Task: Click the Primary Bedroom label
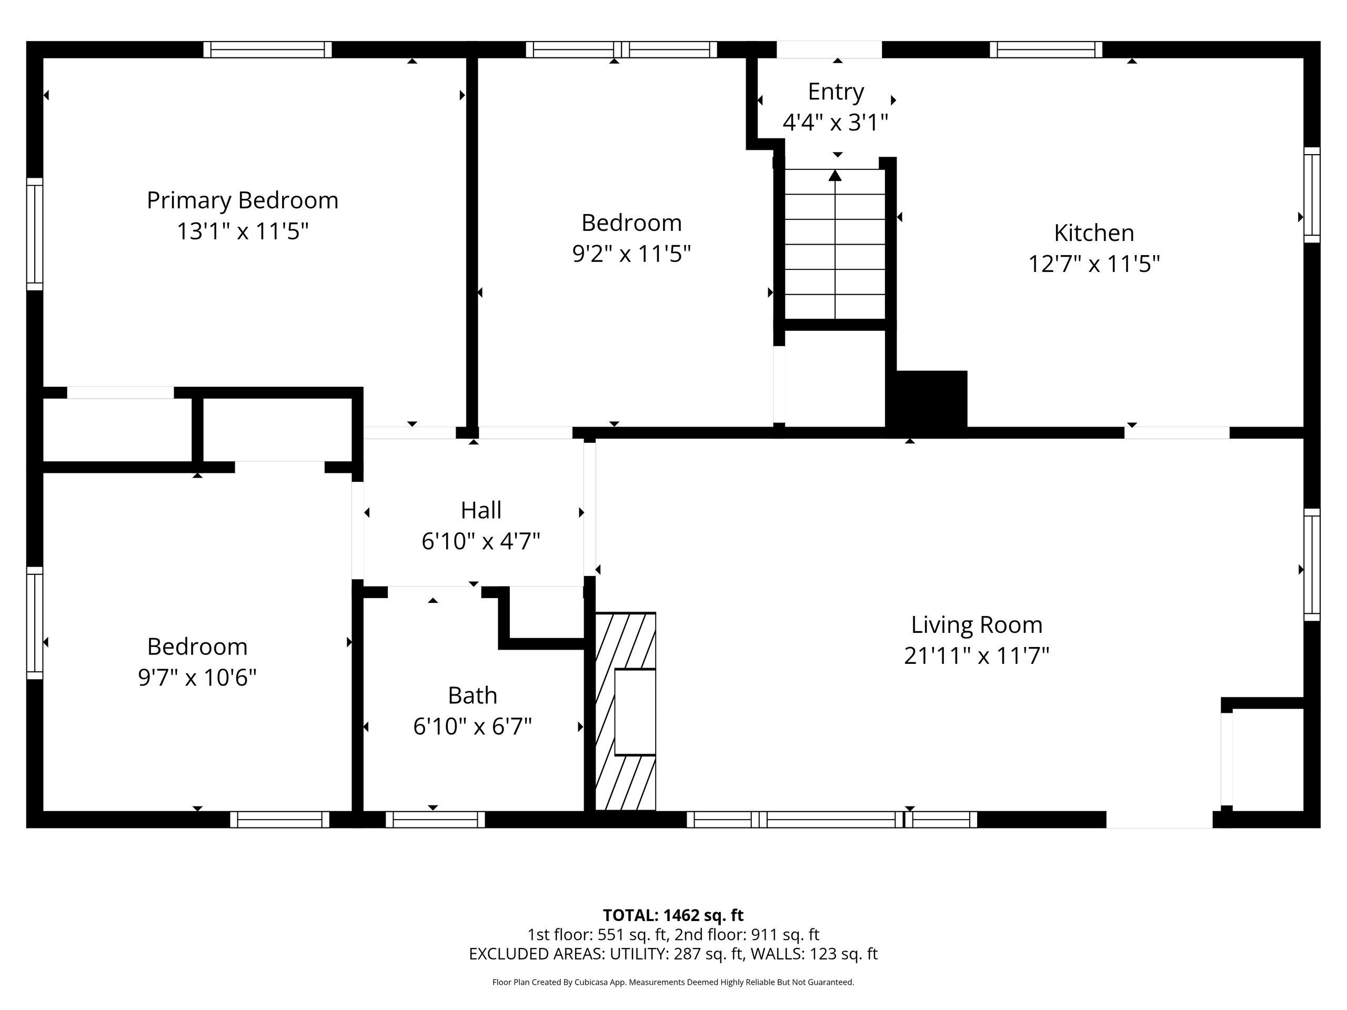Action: [x=243, y=200]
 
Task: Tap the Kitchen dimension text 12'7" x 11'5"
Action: [x=1094, y=264]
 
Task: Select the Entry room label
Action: [x=836, y=92]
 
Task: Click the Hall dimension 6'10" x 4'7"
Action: [x=481, y=541]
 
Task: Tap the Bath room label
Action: [x=473, y=695]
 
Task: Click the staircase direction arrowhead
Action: [x=835, y=175]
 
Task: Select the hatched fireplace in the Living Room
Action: [x=626, y=711]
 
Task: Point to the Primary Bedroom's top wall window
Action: [x=267, y=49]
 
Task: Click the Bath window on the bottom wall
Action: [x=435, y=820]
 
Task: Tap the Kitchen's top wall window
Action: [x=1046, y=49]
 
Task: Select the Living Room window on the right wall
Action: [x=1312, y=565]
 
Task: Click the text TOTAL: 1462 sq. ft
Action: [x=673, y=915]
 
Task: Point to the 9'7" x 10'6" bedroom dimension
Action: [x=197, y=678]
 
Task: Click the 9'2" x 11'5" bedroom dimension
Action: [x=631, y=254]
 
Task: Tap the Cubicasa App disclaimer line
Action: [x=673, y=982]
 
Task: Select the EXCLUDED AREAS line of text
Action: [x=673, y=954]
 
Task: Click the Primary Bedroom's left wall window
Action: [x=35, y=235]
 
